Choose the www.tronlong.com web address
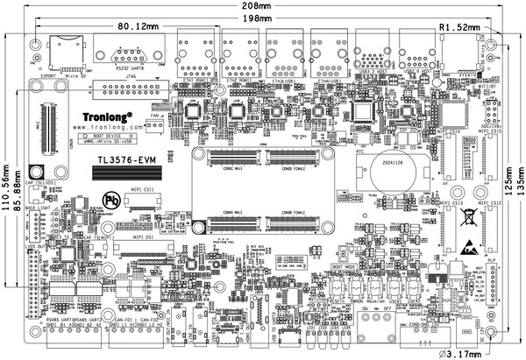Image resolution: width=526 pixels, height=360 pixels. point(103,126)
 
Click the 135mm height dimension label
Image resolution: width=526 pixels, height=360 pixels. point(517,189)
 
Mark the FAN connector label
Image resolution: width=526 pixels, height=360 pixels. point(155,116)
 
